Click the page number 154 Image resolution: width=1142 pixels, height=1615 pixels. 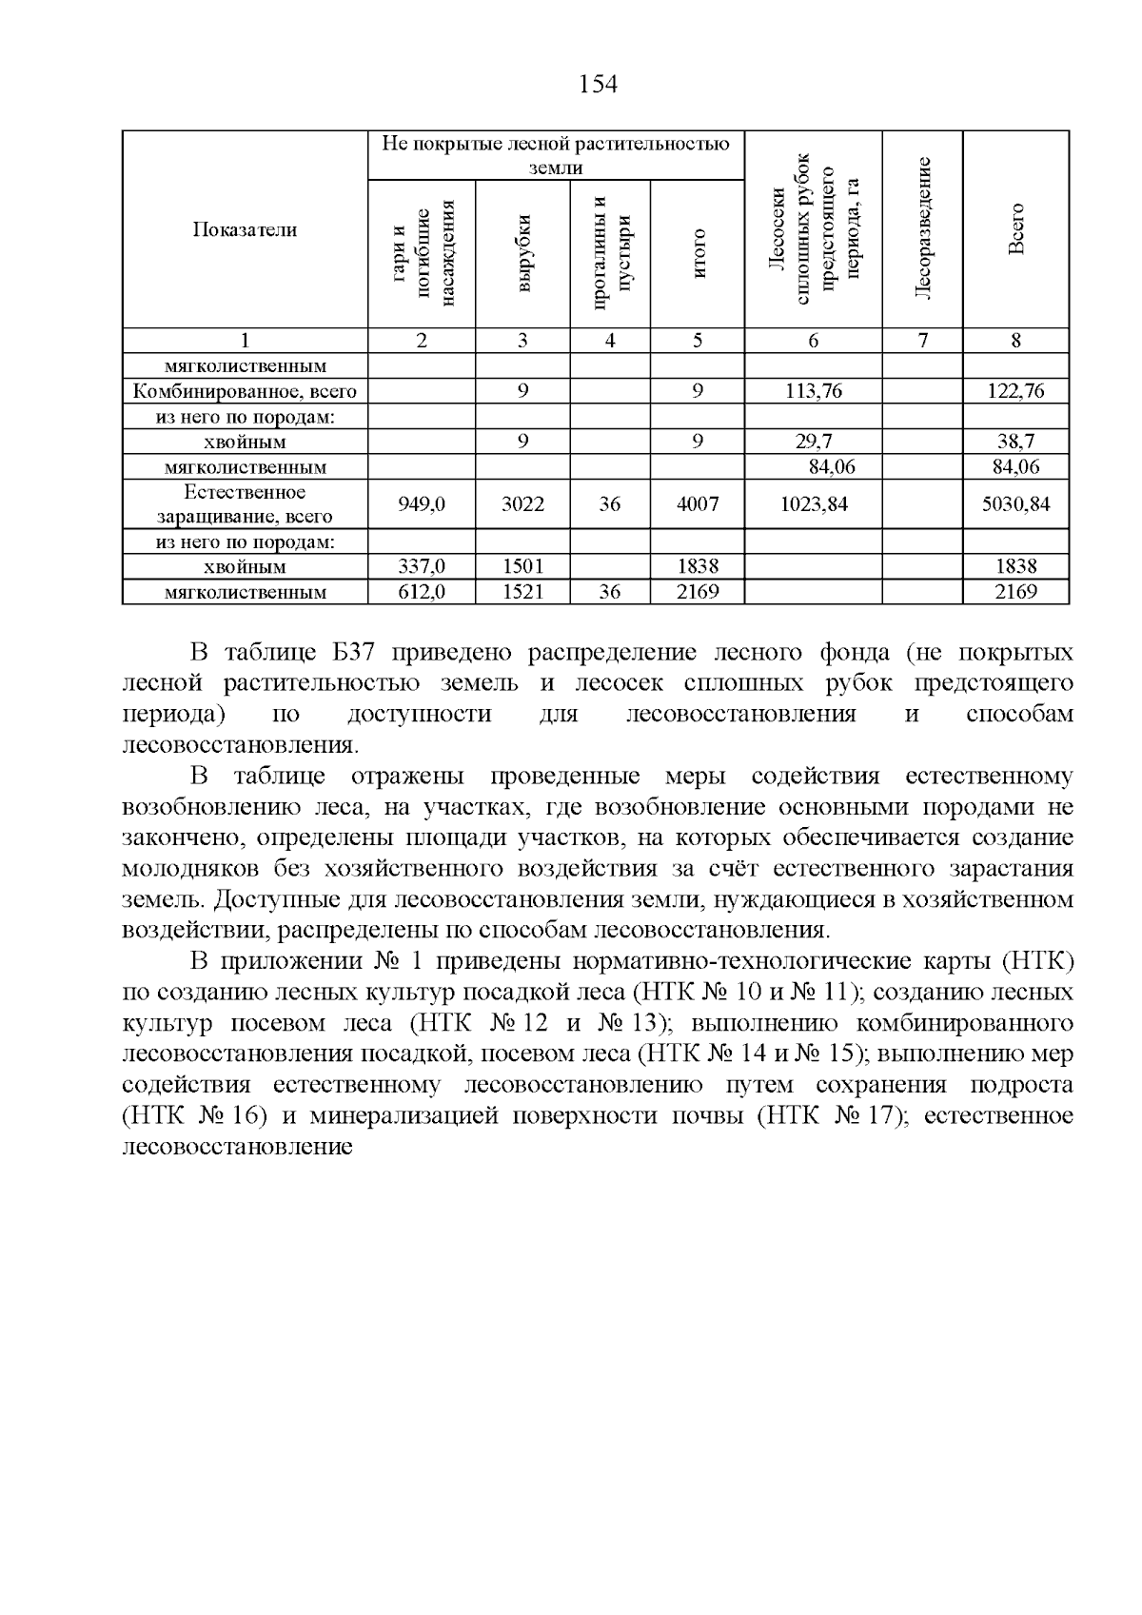(599, 85)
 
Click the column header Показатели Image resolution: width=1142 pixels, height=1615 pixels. (246, 229)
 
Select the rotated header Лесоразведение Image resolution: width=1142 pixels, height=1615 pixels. (922, 228)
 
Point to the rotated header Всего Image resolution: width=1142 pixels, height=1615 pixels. (1016, 228)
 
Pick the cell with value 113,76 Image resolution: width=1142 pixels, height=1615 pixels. (814, 391)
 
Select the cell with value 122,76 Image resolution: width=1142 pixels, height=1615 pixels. (1016, 391)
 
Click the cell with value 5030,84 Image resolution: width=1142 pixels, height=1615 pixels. (1016, 504)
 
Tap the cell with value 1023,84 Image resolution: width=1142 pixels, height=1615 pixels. (814, 504)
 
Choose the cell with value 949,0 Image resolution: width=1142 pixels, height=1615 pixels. (422, 504)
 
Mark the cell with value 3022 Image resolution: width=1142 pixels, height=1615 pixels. (522, 504)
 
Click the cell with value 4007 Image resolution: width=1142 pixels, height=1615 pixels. (698, 504)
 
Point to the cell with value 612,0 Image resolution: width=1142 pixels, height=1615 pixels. (422, 592)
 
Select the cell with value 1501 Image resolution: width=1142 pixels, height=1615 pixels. (522, 566)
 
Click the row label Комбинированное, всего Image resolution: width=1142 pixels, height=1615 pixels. (246, 391)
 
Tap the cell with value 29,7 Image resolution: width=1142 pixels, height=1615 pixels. (814, 441)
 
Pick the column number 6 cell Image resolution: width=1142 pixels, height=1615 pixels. (814, 341)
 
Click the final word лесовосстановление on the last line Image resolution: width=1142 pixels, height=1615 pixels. (238, 1147)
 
